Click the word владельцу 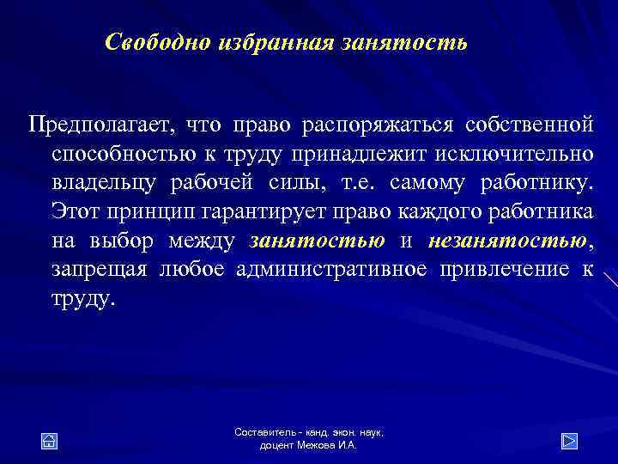[x=112, y=183]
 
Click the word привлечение [x=506, y=271]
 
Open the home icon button [x=50, y=441]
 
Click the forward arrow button [x=568, y=441]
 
